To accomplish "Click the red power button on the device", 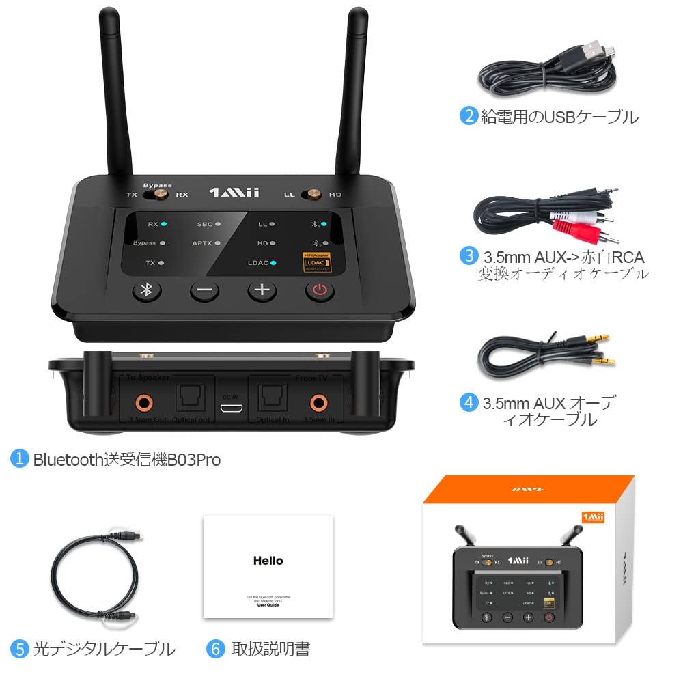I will (319, 290).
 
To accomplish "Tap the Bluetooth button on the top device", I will (145, 290).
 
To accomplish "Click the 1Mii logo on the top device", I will (234, 193).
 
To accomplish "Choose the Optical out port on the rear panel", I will (191, 399).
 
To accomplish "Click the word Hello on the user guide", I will (268, 561).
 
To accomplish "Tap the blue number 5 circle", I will (20, 647).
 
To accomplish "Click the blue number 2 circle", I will (468, 115).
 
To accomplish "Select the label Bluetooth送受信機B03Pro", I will (126, 460).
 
